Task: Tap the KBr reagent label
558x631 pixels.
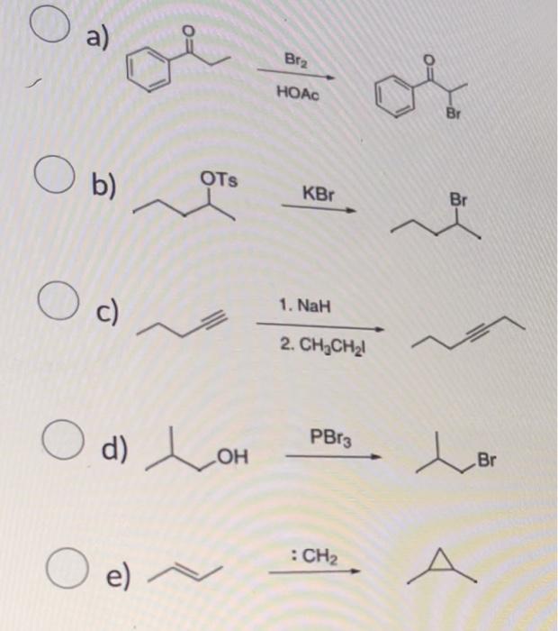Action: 315,192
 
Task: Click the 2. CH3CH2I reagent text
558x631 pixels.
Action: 313,342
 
